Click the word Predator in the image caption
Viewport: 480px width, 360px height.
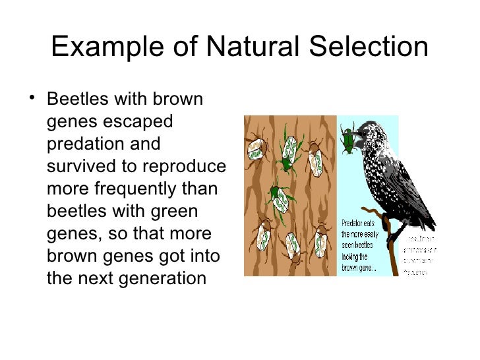point(354,224)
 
